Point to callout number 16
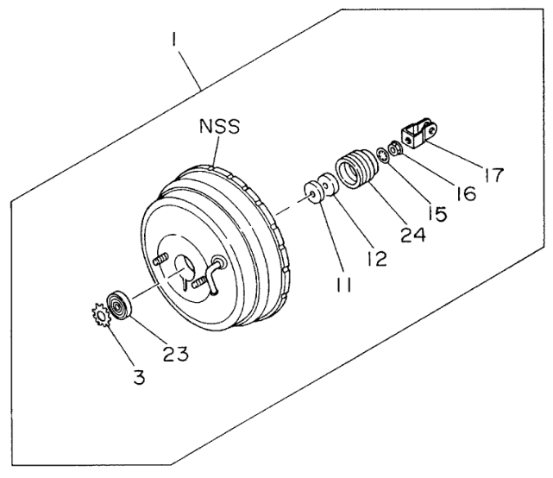tap(465, 193)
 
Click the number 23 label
tap(176, 353)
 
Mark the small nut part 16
tap(393, 149)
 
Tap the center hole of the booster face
tap(184, 267)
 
